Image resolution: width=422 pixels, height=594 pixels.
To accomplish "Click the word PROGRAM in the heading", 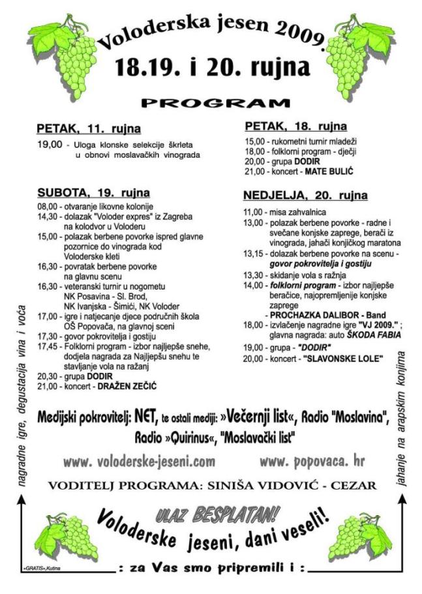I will (x=215, y=103).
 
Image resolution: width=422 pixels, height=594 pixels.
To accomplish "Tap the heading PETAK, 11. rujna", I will (x=89, y=128).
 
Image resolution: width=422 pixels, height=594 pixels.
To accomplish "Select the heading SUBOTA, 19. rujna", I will (x=93, y=193).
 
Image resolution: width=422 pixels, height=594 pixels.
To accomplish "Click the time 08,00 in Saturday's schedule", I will (x=48, y=205).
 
